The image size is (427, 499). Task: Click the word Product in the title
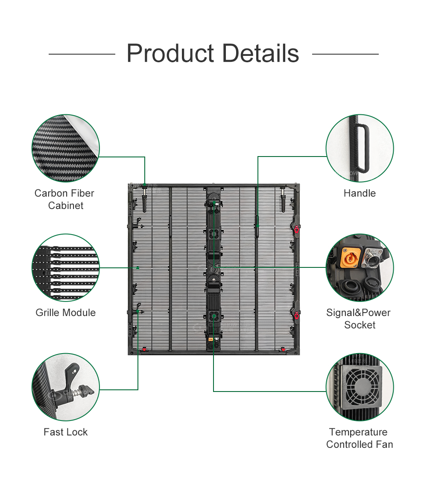(170, 54)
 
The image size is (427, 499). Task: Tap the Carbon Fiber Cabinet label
(65, 199)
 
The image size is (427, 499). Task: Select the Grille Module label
(65, 313)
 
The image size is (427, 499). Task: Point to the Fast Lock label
(65, 432)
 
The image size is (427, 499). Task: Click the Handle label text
(360, 193)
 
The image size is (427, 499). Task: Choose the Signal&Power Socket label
(359, 319)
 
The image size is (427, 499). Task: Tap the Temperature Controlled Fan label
(359, 438)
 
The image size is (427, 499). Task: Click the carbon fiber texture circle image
(65, 148)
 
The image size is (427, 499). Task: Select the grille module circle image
(65, 267)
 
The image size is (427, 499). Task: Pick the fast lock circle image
(65, 387)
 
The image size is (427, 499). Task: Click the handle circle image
(360, 148)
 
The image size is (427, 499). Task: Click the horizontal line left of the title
(82, 54)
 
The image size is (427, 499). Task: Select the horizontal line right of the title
(345, 54)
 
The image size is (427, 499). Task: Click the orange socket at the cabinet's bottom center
(211, 340)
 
